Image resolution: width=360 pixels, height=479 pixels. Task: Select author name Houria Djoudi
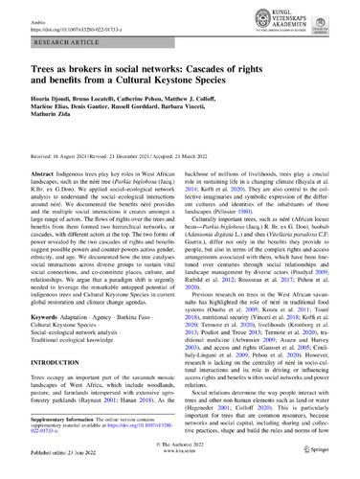point(43,111)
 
